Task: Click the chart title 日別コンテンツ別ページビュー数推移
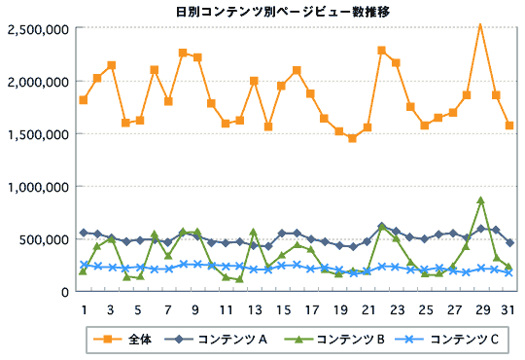coord(262,11)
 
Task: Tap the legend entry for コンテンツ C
coord(456,340)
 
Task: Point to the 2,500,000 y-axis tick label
coord(37,29)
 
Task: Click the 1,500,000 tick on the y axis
coord(37,134)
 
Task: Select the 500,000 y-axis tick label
coord(43,239)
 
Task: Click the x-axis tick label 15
coord(282,309)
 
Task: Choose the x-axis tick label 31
coord(508,309)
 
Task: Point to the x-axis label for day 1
coord(84,309)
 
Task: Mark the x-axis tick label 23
coord(396,309)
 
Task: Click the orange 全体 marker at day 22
coord(381,51)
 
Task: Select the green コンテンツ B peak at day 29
coord(480,200)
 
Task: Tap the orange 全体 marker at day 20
coord(353,138)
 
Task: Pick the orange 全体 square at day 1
coord(84,100)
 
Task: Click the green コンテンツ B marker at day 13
coord(254,233)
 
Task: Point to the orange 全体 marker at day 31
coord(508,126)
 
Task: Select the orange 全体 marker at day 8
coord(183,53)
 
